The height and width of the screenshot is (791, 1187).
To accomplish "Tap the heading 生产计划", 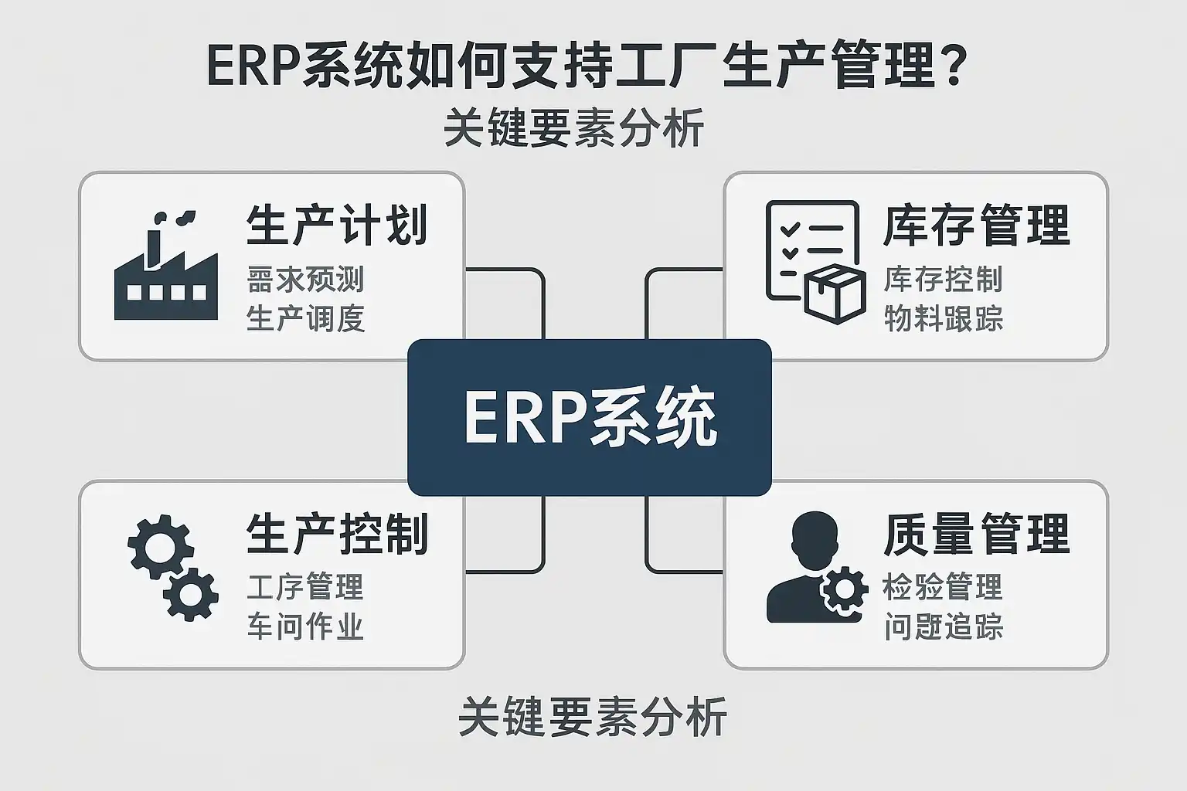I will [337, 225].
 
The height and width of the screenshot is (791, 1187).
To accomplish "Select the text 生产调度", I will [305, 318].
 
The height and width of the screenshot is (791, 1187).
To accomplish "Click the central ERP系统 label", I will [590, 418].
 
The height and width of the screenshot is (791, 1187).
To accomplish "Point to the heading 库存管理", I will [976, 225].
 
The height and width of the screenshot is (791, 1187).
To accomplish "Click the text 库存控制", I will [943, 280].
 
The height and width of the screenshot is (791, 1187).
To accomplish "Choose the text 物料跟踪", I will [943, 318].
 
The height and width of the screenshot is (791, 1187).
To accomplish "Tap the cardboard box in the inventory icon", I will [834, 294].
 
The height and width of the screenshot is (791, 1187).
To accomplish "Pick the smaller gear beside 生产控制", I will [190, 595].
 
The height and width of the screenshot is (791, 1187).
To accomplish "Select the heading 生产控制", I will [337, 534].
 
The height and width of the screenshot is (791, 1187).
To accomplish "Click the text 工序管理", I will [305, 588].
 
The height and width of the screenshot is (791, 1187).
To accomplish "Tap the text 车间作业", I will [305, 626].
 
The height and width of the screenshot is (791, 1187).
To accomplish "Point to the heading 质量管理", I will [976, 534].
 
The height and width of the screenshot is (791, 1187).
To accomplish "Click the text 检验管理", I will [943, 588].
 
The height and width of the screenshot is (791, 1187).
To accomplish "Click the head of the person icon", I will [814, 538].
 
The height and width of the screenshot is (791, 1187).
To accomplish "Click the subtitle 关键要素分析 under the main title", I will [573, 128].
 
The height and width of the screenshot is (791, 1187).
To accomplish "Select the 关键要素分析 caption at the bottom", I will [592, 717].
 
